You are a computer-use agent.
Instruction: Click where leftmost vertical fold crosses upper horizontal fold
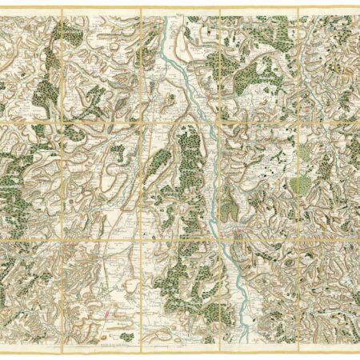click(61, 122)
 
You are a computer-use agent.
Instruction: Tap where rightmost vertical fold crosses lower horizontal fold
click(298, 238)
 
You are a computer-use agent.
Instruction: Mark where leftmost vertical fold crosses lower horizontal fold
click(61, 238)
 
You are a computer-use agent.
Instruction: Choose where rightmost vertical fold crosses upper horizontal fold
click(298, 122)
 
